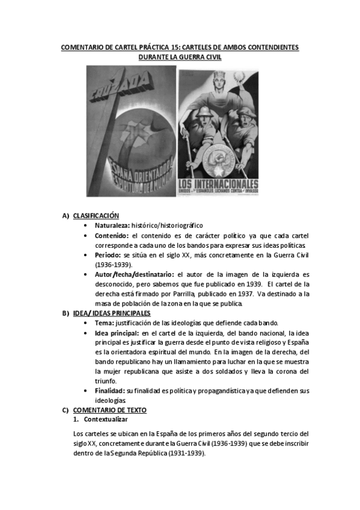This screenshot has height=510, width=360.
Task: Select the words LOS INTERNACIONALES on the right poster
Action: click(218, 184)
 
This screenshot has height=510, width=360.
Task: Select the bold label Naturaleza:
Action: click(112, 224)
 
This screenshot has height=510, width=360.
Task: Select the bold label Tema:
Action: click(105, 322)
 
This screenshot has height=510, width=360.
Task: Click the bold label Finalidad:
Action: click(111, 390)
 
